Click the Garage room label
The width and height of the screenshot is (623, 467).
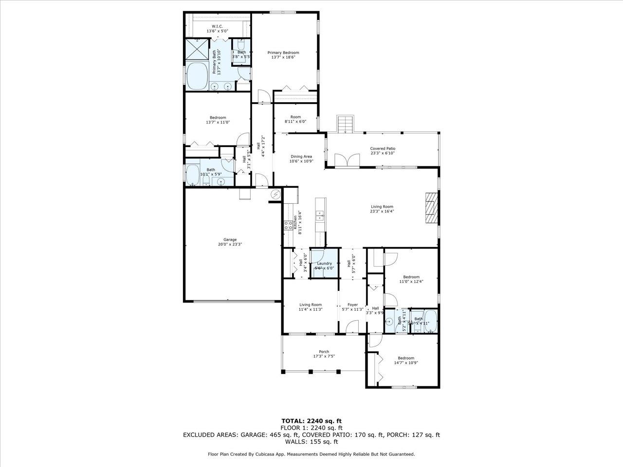[230, 240]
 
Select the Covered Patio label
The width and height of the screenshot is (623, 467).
[383, 149]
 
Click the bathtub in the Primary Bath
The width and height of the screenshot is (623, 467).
[197, 76]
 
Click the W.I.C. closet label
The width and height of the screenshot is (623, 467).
[217, 26]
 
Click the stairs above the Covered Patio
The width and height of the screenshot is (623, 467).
[345, 124]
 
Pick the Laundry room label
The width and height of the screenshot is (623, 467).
[324, 264]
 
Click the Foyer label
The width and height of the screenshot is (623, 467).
[353, 305]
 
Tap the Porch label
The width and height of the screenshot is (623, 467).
[324, 352]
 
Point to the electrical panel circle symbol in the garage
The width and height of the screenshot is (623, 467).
[275, 195]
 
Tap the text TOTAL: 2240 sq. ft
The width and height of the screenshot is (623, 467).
[311, 421]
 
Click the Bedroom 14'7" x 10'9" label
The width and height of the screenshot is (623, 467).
[405, 358]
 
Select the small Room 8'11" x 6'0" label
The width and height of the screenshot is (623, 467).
[295, 117]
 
